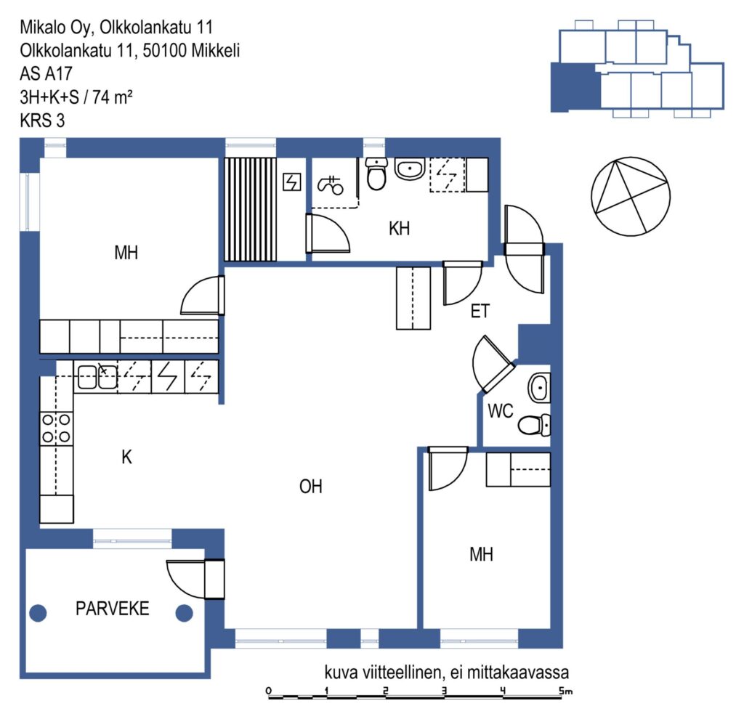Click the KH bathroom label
click(399, 229)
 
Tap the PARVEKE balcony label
click(113, 609)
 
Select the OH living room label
click(311, 487)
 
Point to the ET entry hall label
click(480, 311)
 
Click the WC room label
click(500, 411)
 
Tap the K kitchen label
click(126, 458)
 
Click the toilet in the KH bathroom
click(377, 174)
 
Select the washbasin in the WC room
click(540, 388)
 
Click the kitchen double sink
click(97, 377)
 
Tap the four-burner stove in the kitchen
click(56, 428)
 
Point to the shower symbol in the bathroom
click(331, 185)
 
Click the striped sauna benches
click(250, 209)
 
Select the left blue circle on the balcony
click(38, 613)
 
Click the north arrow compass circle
click(631, 196)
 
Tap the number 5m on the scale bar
click(565, 691)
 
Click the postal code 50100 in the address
click(164, 51)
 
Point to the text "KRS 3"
click(42, 121)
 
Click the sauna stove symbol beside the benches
click(292, 182)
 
